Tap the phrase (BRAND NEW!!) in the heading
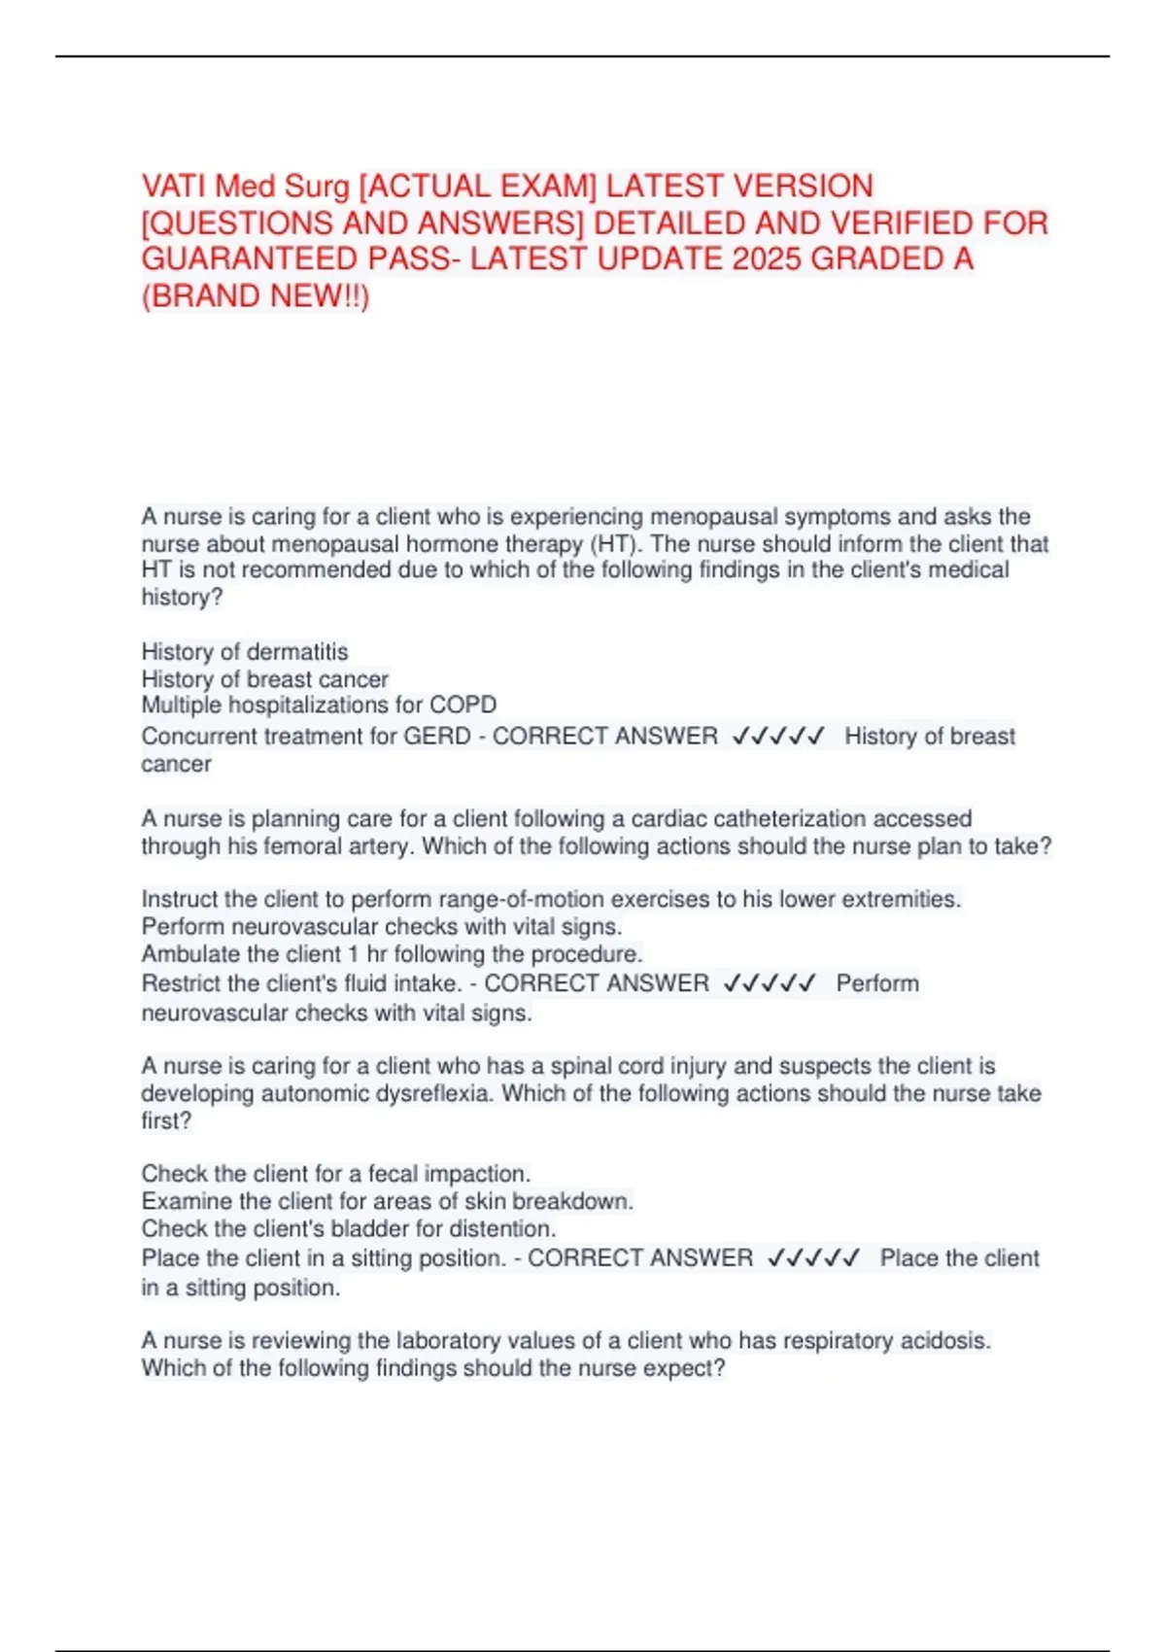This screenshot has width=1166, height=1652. click(256, 296)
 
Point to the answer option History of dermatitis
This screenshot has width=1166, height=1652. click(245, 651)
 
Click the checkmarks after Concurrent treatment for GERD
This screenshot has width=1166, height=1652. click(778, 737)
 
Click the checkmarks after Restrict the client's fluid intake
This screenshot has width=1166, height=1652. click(771, 983)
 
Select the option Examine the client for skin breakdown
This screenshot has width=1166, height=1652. click(387, 1201)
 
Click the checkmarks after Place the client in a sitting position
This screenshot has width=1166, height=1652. click(813, 1258)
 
